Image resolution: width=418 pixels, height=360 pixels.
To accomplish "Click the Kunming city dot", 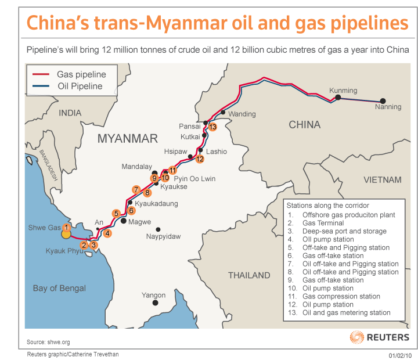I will pyautogui.click(x=338, y=98).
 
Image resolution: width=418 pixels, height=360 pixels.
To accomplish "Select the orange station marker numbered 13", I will pyautogui.click(x=212, y=127).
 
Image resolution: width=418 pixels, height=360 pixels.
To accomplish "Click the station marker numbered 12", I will pyautogui.click(x=200, y=159).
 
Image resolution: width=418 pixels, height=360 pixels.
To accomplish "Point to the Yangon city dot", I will pyautogui.click(x=155, y=303).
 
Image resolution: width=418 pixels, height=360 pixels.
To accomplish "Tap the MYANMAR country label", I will pyautogui.click(x=128, y=139).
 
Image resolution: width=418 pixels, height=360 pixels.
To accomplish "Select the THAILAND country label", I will pyautogui.click(x=249, y=275).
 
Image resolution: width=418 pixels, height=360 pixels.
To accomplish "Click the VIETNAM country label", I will pyautogui.click(x=383, y=179).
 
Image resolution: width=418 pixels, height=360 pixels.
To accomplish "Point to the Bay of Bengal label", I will pyautogui.click(x=59, y=288).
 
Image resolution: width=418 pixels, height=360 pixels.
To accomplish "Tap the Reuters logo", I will pyautogui.click(x=380, y=337).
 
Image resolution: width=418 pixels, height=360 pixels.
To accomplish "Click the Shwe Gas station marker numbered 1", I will pyautogui.click(x=67, y=228).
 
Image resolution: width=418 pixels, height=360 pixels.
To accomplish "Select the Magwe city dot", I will pyautogui.click(x=124, y=221).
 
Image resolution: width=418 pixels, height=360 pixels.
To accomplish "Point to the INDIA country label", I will pyautogui.click(x=70, y=113).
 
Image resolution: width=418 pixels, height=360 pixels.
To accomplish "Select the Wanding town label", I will pyautogui.click(x=242, y=114).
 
